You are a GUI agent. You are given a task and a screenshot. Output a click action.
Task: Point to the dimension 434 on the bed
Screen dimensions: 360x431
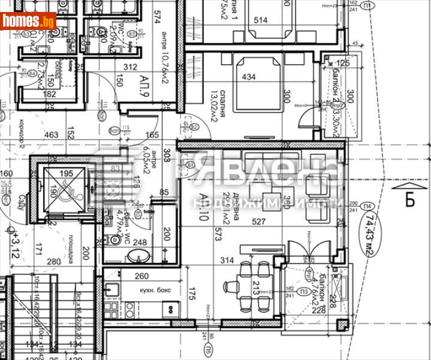[x=248, y=77]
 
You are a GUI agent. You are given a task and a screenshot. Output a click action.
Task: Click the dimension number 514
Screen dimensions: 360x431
[x=260, y=20]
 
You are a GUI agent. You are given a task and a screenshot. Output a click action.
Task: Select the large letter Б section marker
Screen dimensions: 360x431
[x=409, y=199]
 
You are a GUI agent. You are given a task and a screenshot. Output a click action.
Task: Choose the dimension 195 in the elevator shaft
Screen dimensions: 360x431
[x=67, y=173]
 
